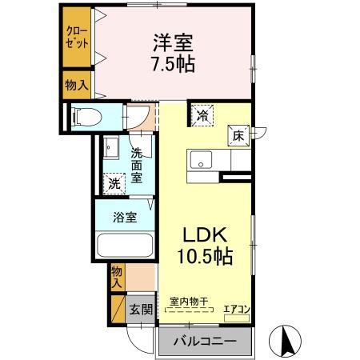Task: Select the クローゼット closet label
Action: coord(77,37)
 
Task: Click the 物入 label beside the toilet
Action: coord(77,85)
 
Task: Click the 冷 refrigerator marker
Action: coord(202,116)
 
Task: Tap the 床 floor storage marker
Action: coord(238,136)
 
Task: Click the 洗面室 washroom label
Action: coord(137,165)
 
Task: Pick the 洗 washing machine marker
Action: coord(114,182)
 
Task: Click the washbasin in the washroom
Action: coord(110,148)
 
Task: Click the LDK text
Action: coord(206,236)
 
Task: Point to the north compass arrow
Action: coord(286,340)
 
